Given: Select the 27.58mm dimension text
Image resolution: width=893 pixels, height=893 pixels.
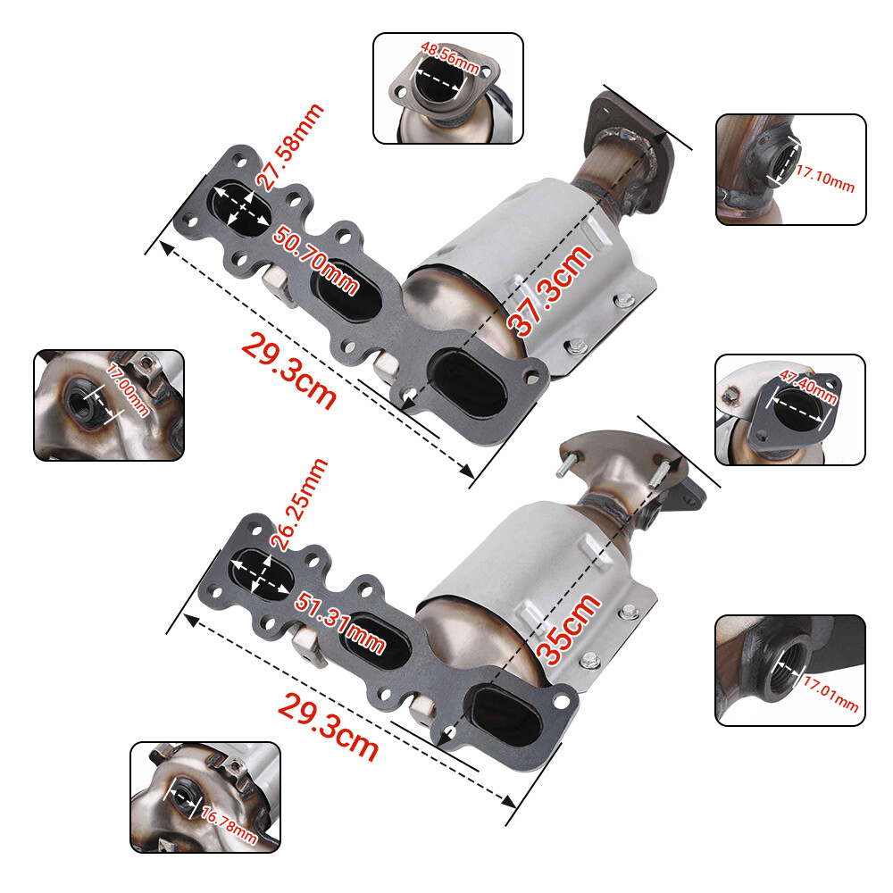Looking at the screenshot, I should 289,146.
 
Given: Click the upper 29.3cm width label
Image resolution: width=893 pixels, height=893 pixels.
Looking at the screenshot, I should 288,371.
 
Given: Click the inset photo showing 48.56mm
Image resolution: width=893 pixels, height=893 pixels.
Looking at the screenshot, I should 447,88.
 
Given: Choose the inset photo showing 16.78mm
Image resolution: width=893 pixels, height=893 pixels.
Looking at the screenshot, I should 205,797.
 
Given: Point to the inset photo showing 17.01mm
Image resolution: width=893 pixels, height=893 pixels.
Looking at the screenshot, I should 790,670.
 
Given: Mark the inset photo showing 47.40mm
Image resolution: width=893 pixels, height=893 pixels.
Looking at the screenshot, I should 790,410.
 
